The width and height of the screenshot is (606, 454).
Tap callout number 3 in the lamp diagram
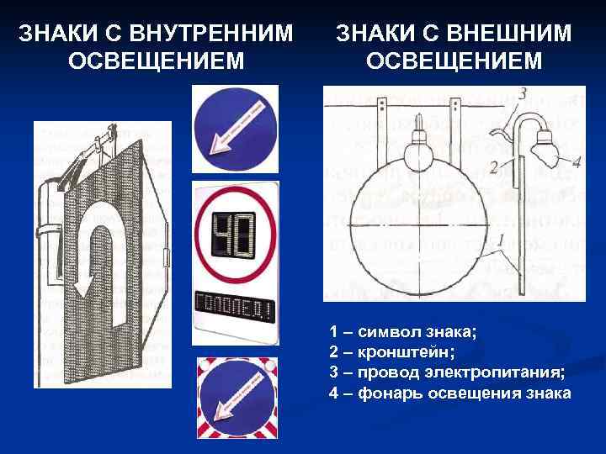point(523,93)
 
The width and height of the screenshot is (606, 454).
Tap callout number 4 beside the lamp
point(576,163)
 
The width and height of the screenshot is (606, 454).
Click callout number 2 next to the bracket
point(495,167)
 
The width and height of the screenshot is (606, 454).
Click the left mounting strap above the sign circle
point(382,126)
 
